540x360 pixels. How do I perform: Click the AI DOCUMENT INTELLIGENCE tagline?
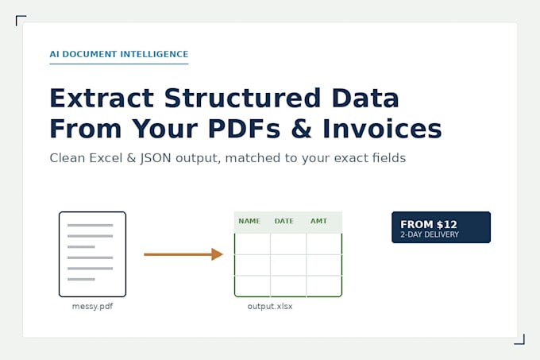(119, 54)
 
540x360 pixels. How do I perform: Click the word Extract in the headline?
(102, 99)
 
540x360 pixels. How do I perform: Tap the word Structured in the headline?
(242, 99)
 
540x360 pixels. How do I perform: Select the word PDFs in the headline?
(244, 129)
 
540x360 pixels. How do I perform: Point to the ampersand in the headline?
(301, 129)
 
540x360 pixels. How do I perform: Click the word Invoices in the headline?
(382, 129)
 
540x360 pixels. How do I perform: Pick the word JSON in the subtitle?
(156, 158)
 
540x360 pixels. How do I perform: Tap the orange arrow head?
(217, 254)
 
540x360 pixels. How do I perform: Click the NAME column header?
(249, 221)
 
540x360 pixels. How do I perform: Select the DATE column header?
(284, 221)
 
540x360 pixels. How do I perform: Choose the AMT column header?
(318, 221)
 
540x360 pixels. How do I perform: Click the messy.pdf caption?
(92, 306)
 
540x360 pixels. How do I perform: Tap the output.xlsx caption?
(270, 306)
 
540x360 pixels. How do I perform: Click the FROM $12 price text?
(429, 225)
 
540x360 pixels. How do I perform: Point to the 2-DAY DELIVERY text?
(430, 235)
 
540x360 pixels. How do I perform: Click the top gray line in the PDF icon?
(91, 226)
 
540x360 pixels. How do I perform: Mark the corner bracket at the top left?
(17, 16)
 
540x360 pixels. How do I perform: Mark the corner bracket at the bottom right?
(524, 343)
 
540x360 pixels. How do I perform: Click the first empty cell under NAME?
(253, 244)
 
